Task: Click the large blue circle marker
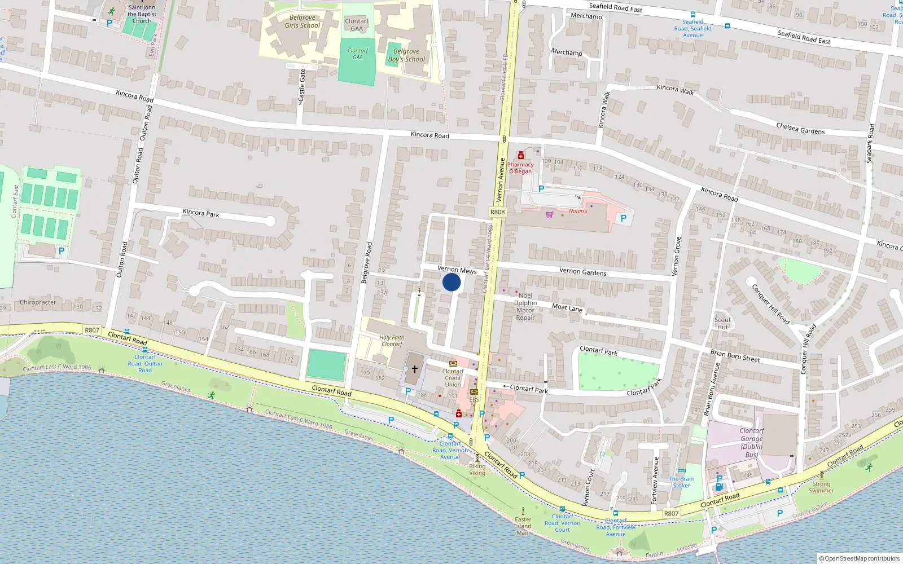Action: pos(451,282)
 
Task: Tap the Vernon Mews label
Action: pos(457,270)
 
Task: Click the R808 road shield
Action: pos(497,212)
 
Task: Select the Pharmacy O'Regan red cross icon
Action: pos(520,155)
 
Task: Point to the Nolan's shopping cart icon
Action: pos(549,214)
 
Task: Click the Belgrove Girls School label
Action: pos(302,21)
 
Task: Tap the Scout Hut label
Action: pos(722,323)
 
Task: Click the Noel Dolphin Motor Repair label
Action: pos(525,306)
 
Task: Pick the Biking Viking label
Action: pos(477,469)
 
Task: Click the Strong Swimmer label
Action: pos(821,487)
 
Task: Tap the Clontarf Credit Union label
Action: pos(453,378)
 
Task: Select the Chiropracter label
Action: pos(38,302)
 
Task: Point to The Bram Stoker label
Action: pos(682,482)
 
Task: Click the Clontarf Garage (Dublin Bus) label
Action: pos(751,442)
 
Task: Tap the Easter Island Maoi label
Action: pos(523,526)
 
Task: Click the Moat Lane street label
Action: pos(567,307)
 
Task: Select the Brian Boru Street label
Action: pos(735,356)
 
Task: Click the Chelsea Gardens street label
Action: pos(800,129)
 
